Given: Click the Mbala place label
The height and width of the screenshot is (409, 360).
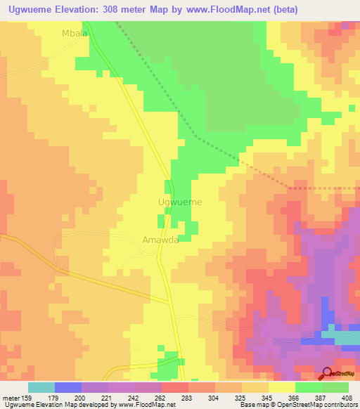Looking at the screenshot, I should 75,32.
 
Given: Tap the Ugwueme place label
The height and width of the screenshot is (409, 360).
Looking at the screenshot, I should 181,202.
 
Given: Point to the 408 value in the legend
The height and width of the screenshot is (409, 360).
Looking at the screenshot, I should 347,398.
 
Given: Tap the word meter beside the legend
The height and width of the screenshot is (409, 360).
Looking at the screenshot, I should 13,398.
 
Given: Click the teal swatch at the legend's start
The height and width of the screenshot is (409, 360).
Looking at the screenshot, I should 41,387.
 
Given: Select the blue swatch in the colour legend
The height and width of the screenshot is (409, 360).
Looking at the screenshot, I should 67,387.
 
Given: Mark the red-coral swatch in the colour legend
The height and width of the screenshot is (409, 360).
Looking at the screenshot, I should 174,387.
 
